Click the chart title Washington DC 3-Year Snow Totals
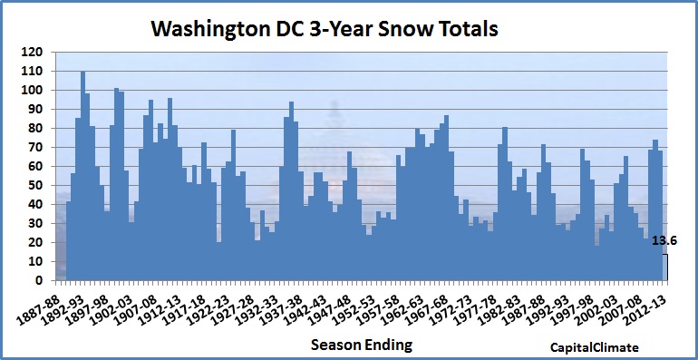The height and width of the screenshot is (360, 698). point(325,29)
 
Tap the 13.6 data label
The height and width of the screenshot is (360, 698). point(664,241)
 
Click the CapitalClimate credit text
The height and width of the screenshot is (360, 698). point(595,347)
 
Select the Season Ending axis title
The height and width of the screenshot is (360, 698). point(362,345)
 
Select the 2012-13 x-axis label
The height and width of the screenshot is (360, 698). point(645,301)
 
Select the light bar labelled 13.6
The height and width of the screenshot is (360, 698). point(665,268)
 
